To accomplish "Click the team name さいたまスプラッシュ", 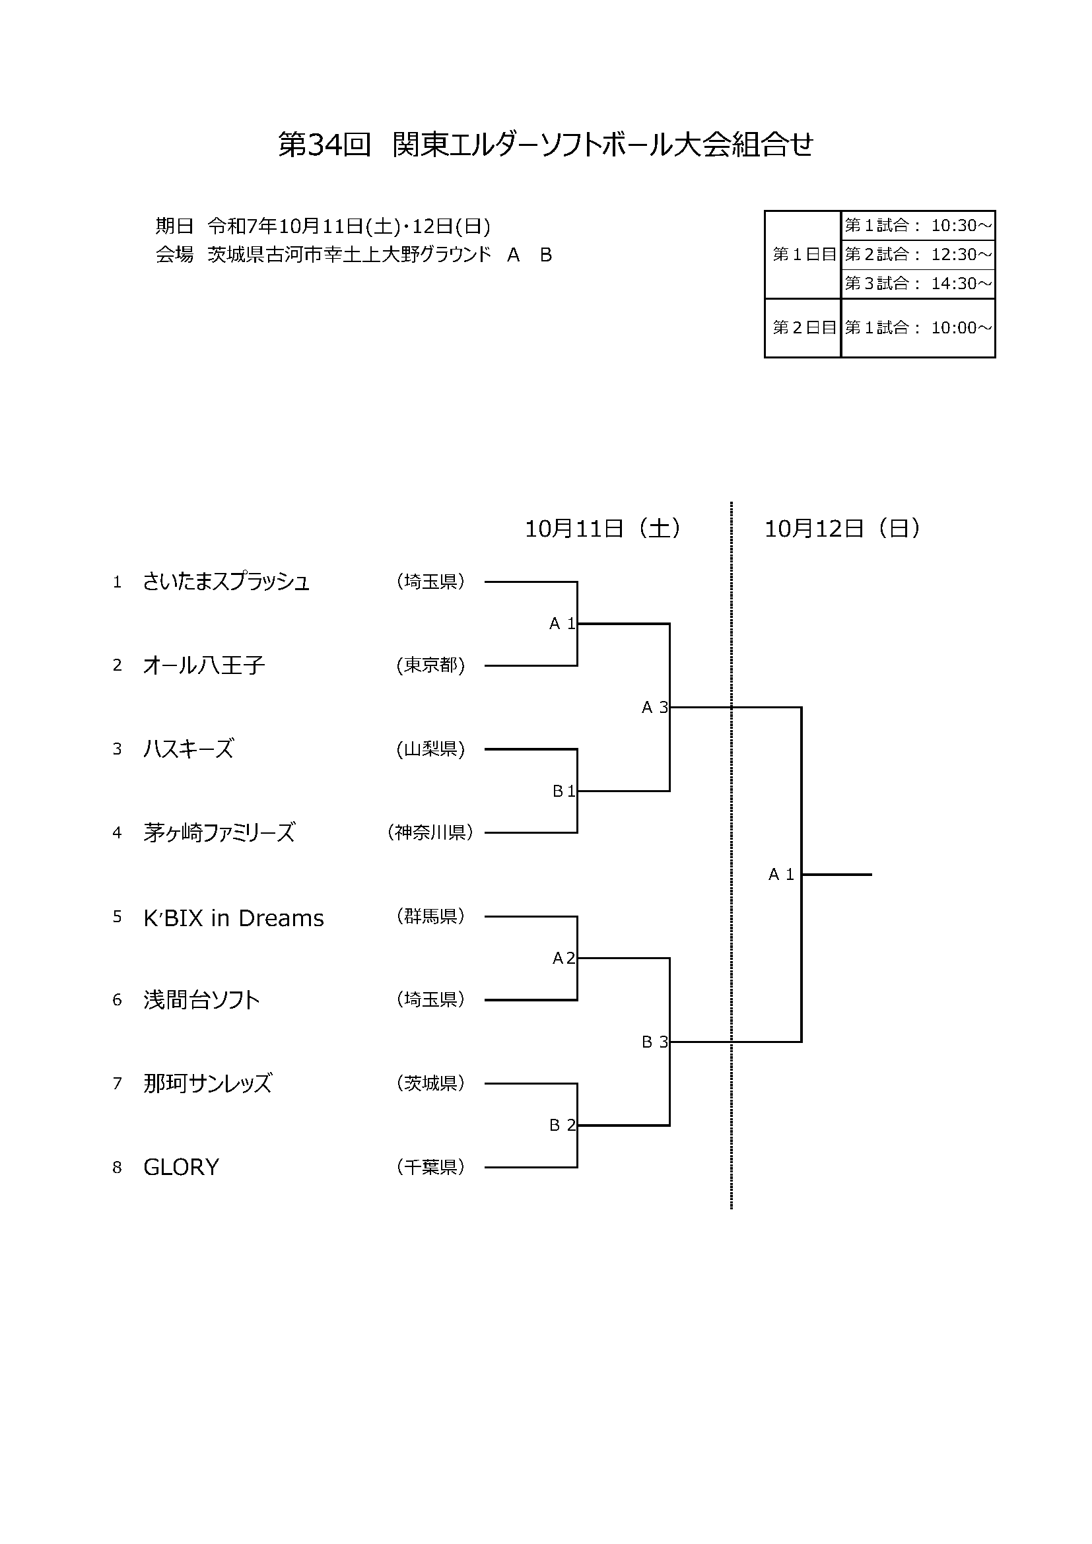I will coord(226,582).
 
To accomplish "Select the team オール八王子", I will coord(204,666).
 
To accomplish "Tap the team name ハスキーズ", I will coord(188,749).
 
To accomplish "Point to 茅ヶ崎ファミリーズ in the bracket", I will coord(219,833).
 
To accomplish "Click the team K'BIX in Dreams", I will coord(233,918).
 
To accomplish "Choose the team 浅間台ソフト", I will coord(202,1000).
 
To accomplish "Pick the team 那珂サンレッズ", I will coord(208,1083).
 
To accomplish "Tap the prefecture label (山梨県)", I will coord(430,749).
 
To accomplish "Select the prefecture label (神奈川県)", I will coord(430,832).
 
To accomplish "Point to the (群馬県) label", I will coord(430,916).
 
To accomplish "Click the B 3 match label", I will coord(654,1042).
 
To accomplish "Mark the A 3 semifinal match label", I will coord(654,708).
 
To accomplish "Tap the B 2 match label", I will coord(562,1125).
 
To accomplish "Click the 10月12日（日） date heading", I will coord(842,529).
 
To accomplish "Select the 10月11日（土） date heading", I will coord(603,529).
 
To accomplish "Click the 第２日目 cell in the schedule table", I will coord(803,327).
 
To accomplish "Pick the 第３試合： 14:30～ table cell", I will coord(918,284).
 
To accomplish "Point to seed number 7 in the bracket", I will coord(117,1084).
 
